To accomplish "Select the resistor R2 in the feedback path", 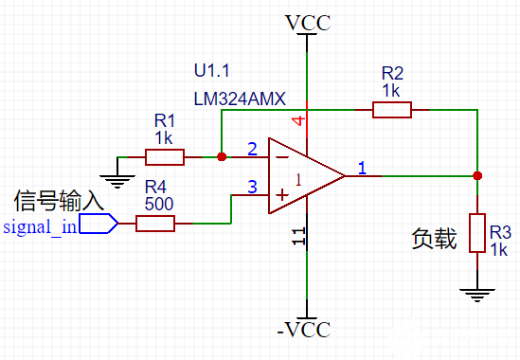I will (391, 110).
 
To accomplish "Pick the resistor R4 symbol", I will (155, 224).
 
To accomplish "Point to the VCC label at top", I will (308, 22).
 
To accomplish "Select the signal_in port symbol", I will (99, 224).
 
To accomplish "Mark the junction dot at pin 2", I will (221, 156).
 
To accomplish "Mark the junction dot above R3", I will (477, 175).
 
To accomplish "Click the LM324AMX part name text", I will (240, 99).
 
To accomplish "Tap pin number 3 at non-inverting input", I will (252, 188).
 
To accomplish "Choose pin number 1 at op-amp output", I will (362, 168).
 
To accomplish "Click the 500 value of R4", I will (159, 203).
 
